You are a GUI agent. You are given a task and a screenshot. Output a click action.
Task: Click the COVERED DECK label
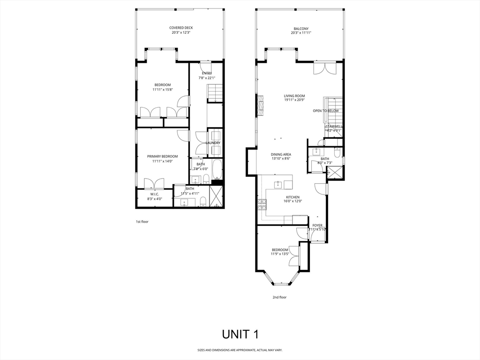click(x=181, y=28)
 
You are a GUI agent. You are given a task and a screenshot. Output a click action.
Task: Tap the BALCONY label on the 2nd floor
click(x=301, y=28)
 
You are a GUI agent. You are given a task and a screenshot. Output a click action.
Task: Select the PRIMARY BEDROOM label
click(x=162, y=156)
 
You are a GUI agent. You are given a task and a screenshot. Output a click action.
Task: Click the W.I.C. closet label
click(x=155, y=194)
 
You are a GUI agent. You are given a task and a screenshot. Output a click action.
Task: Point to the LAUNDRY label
click(x=213, y=143)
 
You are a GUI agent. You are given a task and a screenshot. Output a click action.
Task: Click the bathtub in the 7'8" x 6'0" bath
click(x=217, y=170)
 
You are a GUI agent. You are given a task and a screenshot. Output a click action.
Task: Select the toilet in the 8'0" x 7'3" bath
click(x=337, y=152)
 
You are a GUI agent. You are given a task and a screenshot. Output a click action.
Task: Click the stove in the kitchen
click(x=261, y=204)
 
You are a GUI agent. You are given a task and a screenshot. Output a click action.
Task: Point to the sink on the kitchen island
click(x=278, y=182)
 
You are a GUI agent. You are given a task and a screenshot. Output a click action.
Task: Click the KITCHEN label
click(x=293, y=197)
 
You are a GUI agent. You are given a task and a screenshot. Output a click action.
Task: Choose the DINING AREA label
click(x=281, y=154)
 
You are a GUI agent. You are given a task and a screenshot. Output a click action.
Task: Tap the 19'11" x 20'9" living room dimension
click(x=294, y=100)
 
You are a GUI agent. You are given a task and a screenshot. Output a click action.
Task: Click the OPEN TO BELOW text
click(x=325, y=111)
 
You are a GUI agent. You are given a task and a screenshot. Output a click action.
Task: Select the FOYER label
click(x=317, y=225)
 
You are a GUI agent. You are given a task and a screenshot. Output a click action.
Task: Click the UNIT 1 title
click(x=240, y=334)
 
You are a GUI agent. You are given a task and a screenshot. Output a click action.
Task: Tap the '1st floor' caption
click(x=142, y=221)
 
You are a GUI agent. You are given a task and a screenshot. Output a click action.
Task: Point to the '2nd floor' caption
click(x=279, y=297)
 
